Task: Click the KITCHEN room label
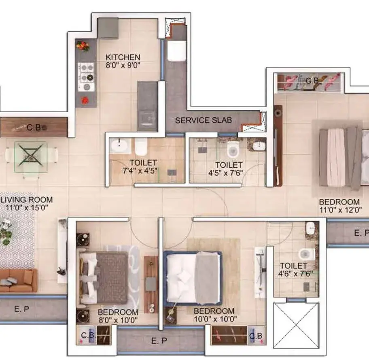click(x=123, y=57)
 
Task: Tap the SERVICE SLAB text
click(x=204, y=120)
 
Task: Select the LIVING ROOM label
click(x=27, y=200)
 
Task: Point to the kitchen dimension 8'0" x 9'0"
click(x=123, y=65)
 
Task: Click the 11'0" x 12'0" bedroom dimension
click(x=340, y=210)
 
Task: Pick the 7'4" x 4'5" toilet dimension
click(x=140, y=170)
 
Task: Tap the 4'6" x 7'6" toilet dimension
click(x=296, y=273)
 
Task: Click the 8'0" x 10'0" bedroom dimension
click(x=118, y=320)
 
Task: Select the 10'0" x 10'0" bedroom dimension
click(x=215, y=319)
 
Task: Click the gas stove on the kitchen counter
click(x=86, y=77)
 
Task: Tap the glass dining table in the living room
click(x=31, y=157)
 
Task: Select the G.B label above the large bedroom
click(x=312, y=81)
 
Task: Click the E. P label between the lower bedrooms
click(x=159, y=341)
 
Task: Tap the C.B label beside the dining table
click(x=34, y=128)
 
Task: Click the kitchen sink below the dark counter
click(x=147, y=120)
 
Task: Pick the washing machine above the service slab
click(x=177, y=51)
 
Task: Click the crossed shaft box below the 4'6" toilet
click(x=297, y=325)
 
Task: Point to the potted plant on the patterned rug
click(x=5, y=231)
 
